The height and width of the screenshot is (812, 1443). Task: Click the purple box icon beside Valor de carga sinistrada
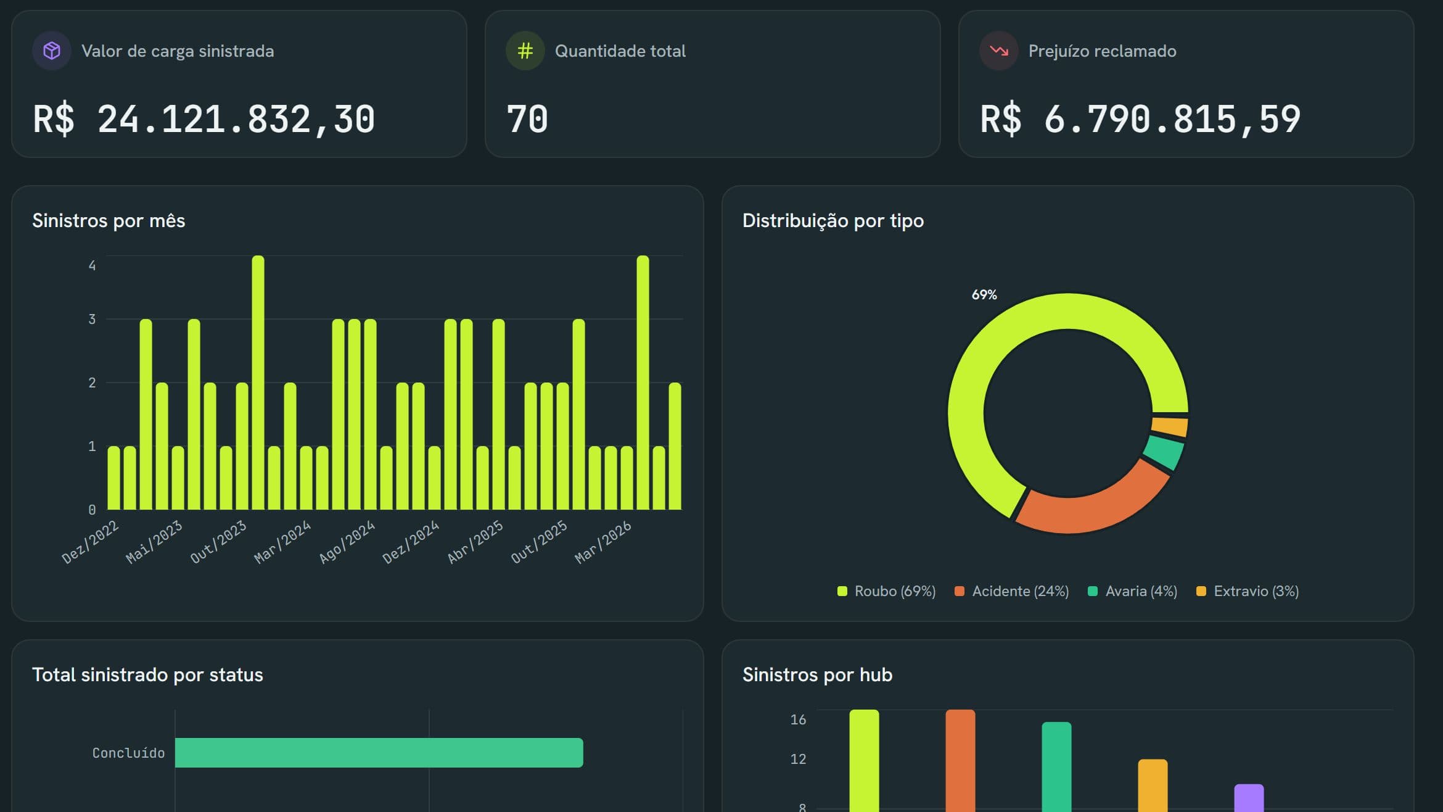pyautogui.click(x=52, y=51)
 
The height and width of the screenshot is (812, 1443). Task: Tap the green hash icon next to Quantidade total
pyautogui.click(x=525, y=51)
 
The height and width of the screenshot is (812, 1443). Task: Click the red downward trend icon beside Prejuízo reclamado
pyautogui.click(x=999, y=51)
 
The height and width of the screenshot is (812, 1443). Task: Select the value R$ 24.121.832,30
pyautogui.click(x=204, y=119)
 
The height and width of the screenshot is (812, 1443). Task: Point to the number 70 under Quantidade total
pyautogui.click(x=527, y=119)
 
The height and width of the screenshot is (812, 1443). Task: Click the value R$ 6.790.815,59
pyautogui.click(x=1140, y=119)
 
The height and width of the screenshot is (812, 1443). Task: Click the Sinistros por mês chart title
pyautogui.click(x=109, y=221)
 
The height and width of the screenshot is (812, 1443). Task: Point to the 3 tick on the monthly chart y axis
pyautogui.click(x=92, y=319)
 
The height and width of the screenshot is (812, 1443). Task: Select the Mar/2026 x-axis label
pyautogui.click(x=603, y=542)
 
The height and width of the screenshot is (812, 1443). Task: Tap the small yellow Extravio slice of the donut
pyautogui.click(x=1170, y=426)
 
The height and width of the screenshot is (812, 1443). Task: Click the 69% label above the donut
pyautogui.click(x=984, y=295)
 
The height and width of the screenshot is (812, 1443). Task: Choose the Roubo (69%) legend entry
pyautogui.click(x=886, y=591)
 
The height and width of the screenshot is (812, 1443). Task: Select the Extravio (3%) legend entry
pyautogui.click(x=1248, y=591)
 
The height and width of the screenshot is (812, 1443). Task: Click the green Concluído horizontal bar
pyautogui.click(x=379, y=753)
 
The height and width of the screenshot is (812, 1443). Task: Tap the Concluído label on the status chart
pyautogui.click(x=128, y=753)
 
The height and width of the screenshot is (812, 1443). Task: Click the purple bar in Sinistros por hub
pyautogui.click(x=1249, y=798)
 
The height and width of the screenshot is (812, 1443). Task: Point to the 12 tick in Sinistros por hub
pyautogui.click(x=798, y=759)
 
